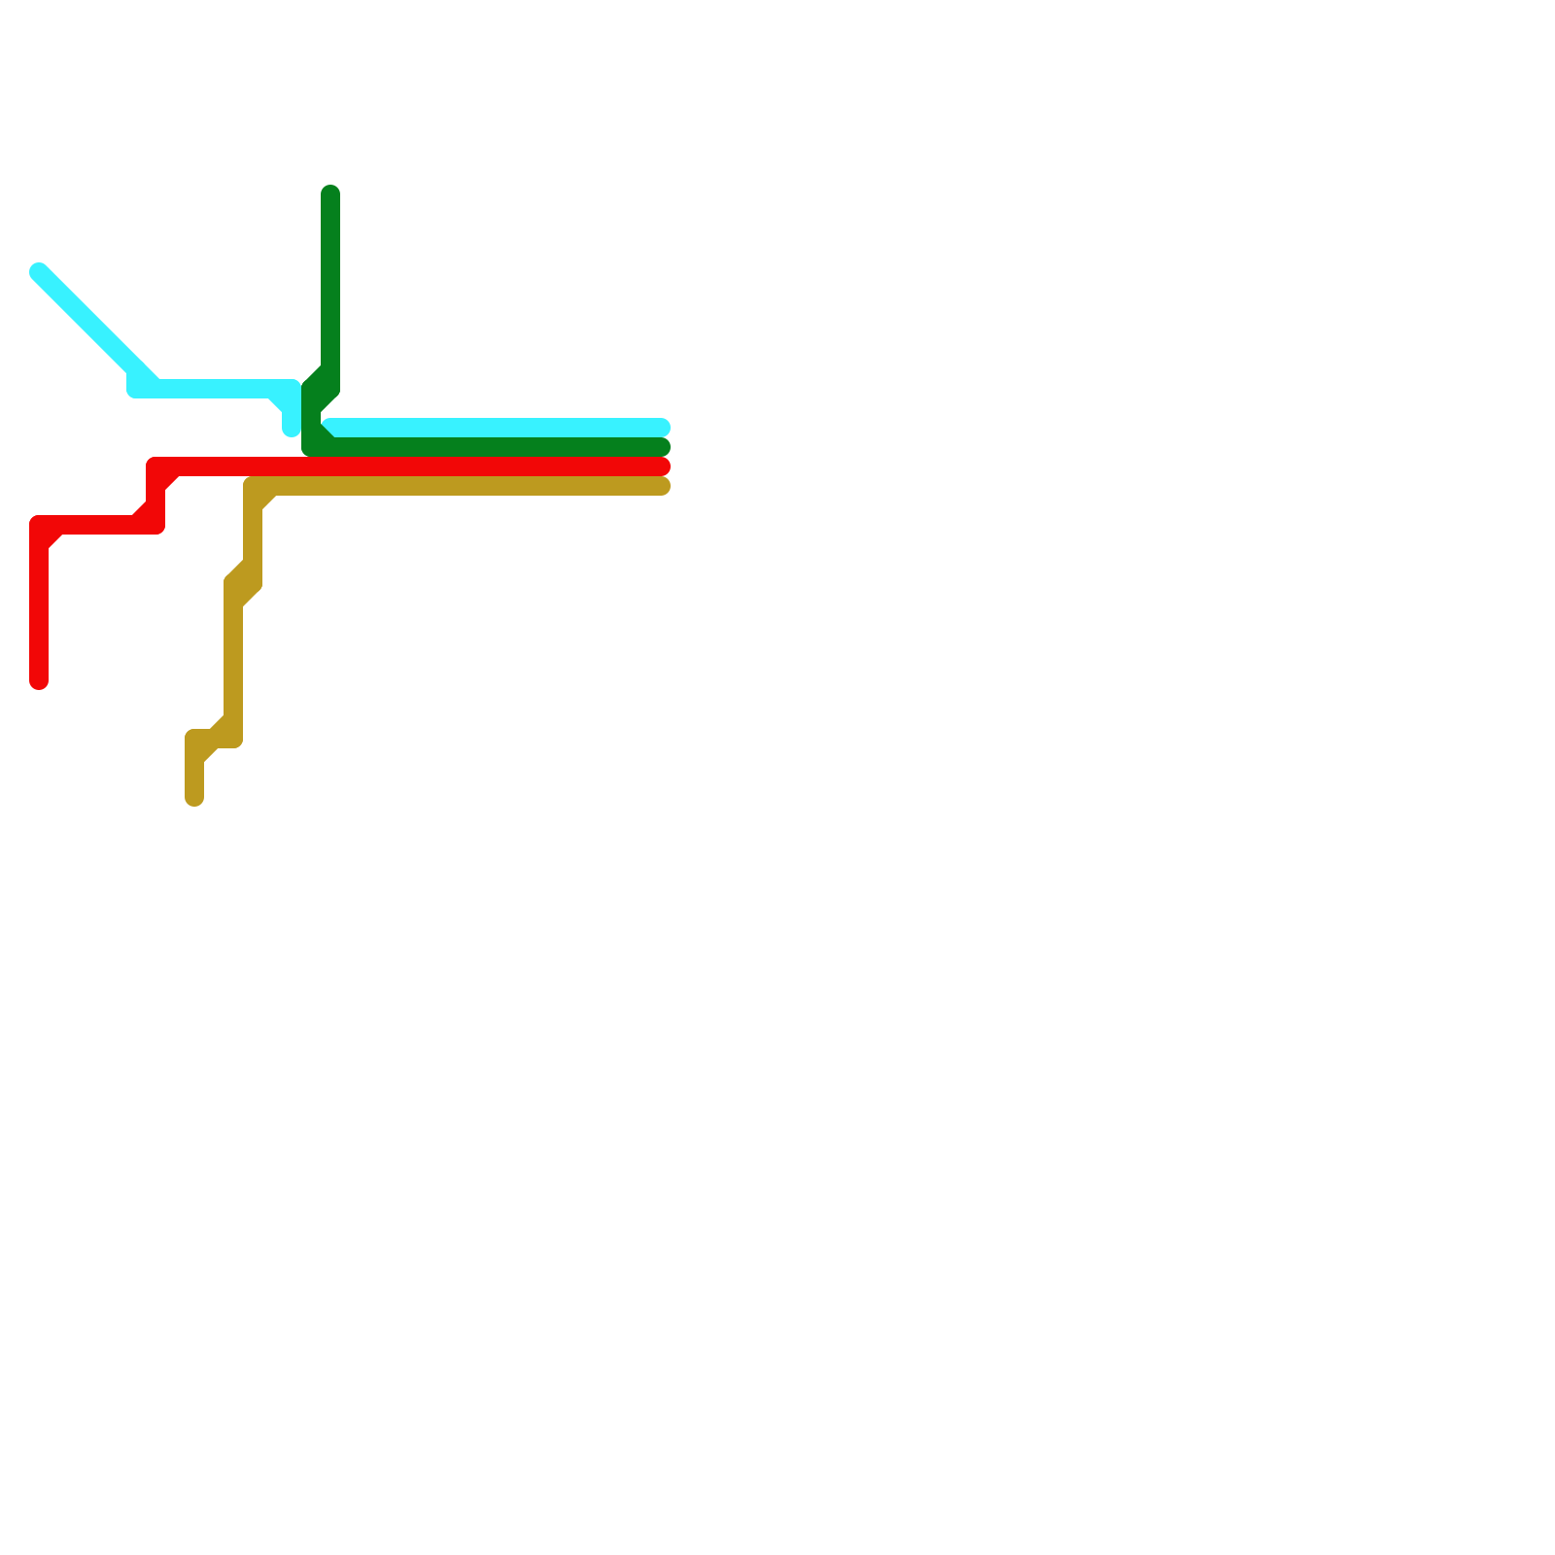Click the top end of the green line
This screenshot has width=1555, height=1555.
coord(330,193)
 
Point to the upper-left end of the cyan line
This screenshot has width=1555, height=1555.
coord(39,271)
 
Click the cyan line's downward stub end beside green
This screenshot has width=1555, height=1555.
coord(291,428)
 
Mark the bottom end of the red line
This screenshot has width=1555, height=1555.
coord(39,681)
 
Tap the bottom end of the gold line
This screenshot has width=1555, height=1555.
coord(194,798)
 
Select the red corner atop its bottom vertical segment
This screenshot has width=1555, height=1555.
coord(40,526)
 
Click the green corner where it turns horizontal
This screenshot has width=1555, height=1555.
coord(312,447)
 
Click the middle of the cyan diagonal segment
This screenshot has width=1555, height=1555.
coord(87,321)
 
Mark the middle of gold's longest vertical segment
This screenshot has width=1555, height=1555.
coord(233,661)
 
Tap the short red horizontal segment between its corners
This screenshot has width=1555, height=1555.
coord(97,525)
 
